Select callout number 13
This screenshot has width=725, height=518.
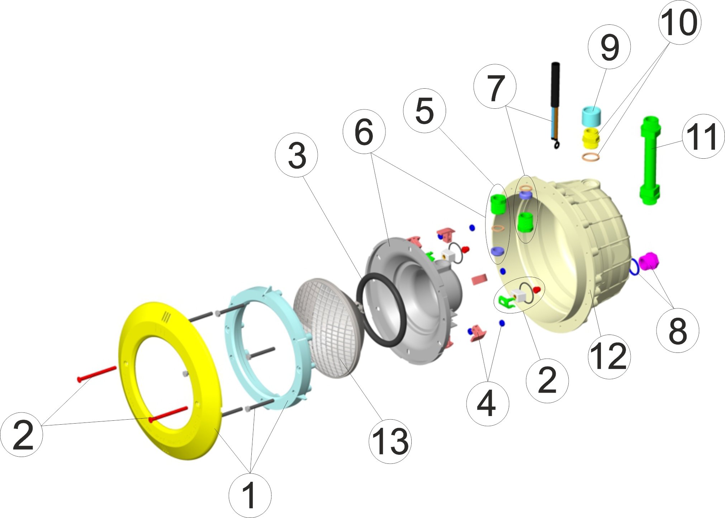(390, 441)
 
